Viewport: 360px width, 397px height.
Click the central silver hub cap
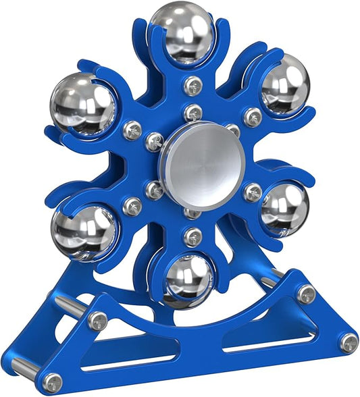point(197,165)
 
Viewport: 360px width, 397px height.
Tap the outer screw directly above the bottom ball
point(194,237)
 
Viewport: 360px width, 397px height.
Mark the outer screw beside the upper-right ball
point(253,116)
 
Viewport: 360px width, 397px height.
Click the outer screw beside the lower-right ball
point(253,193)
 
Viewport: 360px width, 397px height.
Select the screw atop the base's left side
point(98,321)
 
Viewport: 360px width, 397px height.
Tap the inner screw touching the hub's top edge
point(194,113)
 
